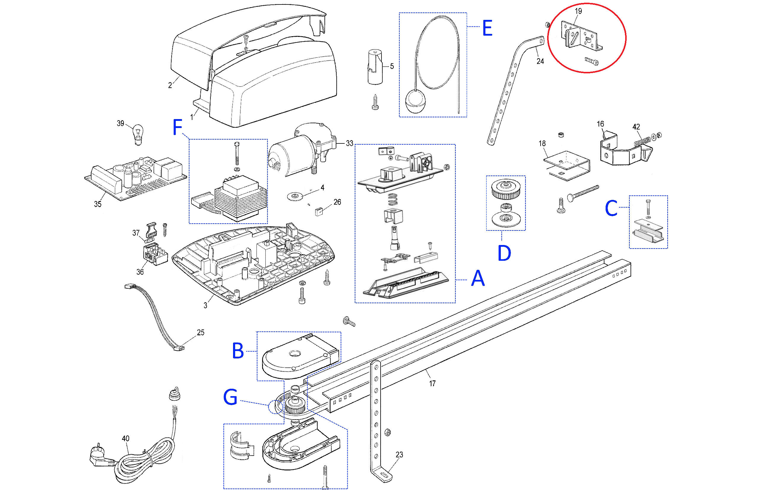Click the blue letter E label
[x=487, y=28]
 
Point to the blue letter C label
[x=611, y=208]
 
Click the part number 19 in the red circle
[x=578, y=11]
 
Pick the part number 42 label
[x=636, y=127]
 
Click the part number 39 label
[x=120, y=124]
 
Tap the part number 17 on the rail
[x=432, y=383]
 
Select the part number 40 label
[x=126, y=438]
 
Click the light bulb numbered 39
[x=138, y=134]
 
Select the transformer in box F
[x=240, y=199]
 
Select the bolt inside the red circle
[x=591, y=61]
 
